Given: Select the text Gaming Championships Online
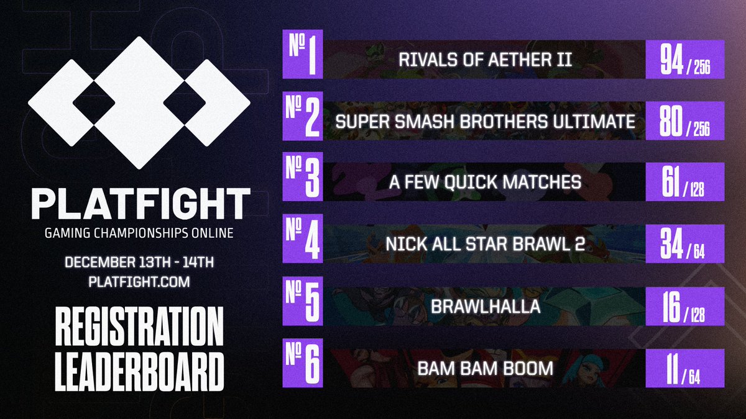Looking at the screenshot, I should (140, 234).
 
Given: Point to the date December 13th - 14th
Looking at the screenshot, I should (140, 263).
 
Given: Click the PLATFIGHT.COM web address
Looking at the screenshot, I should (140, 281).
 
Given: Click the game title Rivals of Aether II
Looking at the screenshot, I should (486, 60).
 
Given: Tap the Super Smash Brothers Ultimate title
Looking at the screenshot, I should (486, 121).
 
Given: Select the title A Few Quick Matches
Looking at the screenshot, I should (486, 182).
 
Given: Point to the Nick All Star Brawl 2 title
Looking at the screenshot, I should (486, 244).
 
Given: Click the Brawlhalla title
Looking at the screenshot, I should (486, 306).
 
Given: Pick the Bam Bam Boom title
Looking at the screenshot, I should (486, 368).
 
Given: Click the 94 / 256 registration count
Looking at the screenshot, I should (685, 60).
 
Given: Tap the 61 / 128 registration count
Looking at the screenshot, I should (685, 182).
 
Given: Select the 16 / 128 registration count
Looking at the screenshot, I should (685, 306).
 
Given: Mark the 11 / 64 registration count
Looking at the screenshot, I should (685, 368).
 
